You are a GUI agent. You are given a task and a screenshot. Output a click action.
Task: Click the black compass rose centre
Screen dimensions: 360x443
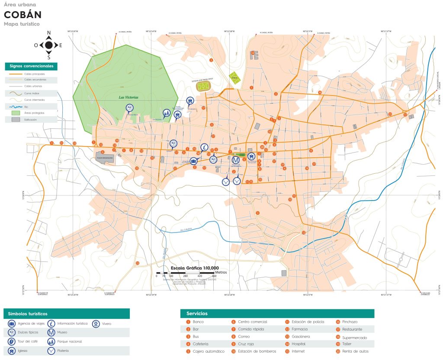(49, 45)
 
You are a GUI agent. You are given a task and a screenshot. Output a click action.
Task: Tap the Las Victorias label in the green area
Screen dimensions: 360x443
(128, 98)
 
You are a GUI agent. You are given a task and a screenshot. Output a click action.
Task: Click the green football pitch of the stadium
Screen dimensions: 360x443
(202, 86)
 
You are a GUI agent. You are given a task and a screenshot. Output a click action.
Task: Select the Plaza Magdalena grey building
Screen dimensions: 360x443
(105, 158)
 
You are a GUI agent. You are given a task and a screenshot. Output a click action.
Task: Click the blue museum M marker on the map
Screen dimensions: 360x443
(236, 160)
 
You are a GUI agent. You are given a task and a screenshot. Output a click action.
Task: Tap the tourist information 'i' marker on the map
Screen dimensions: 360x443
(204, 147)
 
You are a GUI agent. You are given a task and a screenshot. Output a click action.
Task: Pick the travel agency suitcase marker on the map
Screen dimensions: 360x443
(193, 161)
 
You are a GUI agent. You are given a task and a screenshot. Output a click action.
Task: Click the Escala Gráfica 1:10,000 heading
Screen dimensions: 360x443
(195, 268)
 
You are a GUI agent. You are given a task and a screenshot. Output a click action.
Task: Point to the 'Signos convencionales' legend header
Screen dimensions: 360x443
(31, 67)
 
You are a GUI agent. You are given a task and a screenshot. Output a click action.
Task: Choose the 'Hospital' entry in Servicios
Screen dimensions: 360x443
(298, 344)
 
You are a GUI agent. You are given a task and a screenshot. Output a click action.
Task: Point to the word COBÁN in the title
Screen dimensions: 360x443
(22, 14)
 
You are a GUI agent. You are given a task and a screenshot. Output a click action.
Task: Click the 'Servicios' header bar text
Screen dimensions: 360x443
(197, 313)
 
